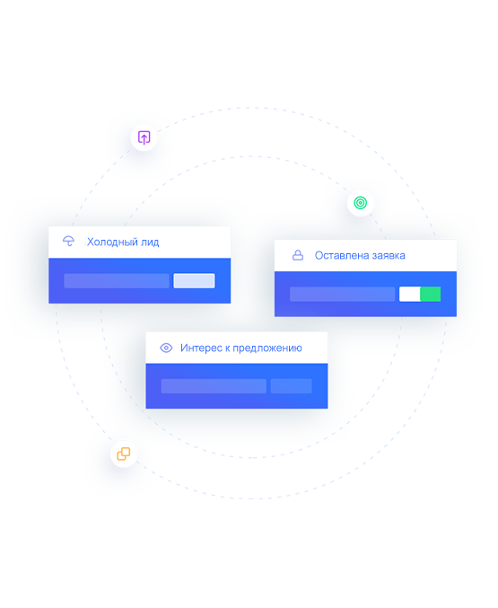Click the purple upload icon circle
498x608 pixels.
coord(144,137)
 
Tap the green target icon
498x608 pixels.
coord(361,203)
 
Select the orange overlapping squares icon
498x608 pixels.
coord(124,454)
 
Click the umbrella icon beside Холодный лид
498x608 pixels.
coord(68,242)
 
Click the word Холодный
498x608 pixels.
coord(112,242)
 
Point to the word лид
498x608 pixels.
coord(150,242)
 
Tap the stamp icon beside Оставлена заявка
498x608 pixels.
coord(298,255)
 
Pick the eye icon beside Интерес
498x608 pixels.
coord(166,348)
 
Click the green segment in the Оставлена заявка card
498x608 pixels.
coord(431,294)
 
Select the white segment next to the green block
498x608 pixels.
coord(410,294)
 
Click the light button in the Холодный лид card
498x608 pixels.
coord(194,281)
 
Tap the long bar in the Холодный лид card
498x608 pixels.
coord(117,281)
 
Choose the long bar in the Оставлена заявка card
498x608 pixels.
coord(343,294)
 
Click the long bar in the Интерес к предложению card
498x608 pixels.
coord(214,386)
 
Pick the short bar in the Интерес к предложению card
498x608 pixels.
coord(292,386)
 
